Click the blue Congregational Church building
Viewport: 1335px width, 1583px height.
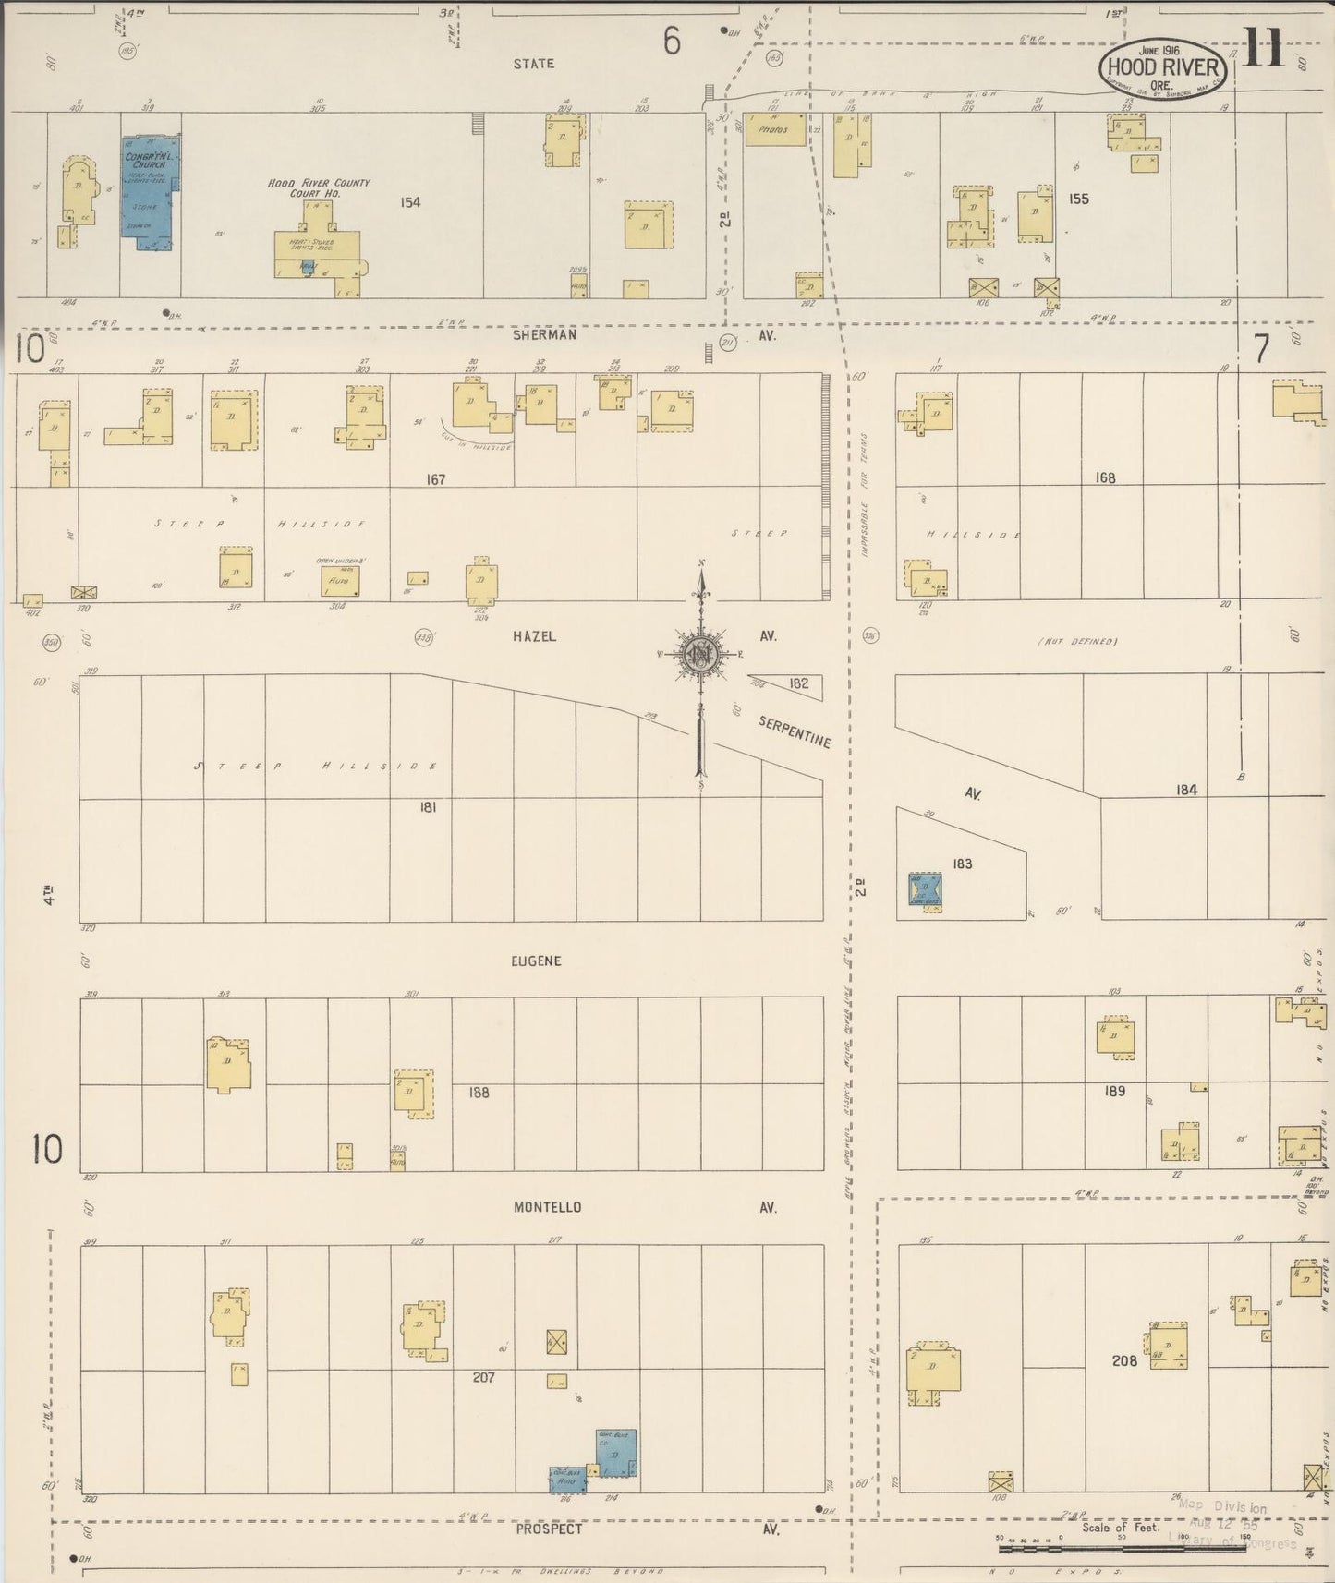tap(147, 193)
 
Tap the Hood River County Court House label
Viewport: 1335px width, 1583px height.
tap(319, 188)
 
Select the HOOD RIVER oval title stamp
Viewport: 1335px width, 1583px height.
tap(1163, 66)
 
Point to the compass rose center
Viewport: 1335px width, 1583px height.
tap(701, 654)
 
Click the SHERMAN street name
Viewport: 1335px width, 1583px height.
tap(545, 335)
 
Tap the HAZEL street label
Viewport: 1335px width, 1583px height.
tap(534, 636)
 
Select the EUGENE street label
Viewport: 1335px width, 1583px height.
tap(536, 961)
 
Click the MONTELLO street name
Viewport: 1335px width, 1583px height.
tap(547, 1207)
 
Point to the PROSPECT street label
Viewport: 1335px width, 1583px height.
tap(549, 1529)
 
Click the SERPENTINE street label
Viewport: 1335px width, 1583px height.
tap(795, 731)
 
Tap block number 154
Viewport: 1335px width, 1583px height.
tap(410, 201)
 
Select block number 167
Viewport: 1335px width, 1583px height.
tap(436, 479)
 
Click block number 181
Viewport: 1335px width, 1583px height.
tap(428, 806)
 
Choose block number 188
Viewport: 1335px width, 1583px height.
tap(479, 1093)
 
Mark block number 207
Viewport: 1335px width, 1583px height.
tap(483, 1377)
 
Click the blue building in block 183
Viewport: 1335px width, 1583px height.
tap(925, 889)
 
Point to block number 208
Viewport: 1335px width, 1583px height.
tap(1124, 1361)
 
